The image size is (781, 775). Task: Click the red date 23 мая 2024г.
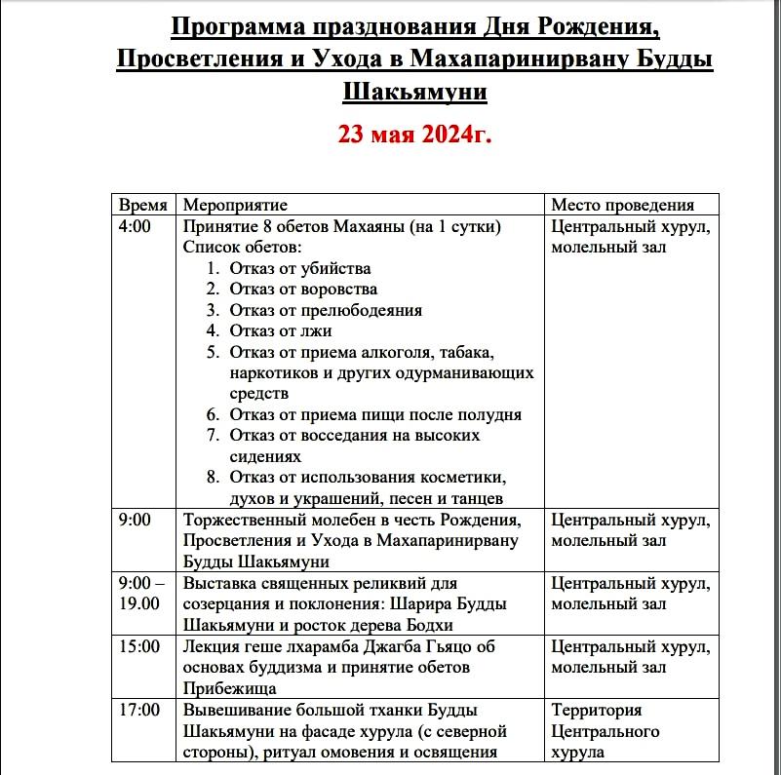pyautogui.click(x=414, y=134)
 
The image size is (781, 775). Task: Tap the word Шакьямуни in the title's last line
pyautogui.click(x=414, y=93)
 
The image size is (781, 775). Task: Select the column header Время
pyautogui.click(x=142, y=206)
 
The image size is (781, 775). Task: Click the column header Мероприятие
pyautogui.click(x=235, y=206)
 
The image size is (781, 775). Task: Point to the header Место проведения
pyautogui.click(x=622, y=206)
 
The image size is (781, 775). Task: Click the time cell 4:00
pyautogui.click(x=135, y=227)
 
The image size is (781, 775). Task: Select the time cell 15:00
pyautogui.click(x=138, y=647)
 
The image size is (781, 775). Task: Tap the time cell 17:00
pyautogui.click(x=138, y=711)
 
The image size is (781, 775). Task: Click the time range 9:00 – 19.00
pyautogui.click(x=141, y=594)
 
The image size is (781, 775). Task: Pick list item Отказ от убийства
pyautogui.click(x=299, y=269)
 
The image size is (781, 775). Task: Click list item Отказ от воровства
pyautogui.click(x=303, y=290)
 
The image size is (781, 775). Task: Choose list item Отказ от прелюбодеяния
pyautogui.click(x=326, y=310)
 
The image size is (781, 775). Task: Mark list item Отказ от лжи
pyautogui.click(x=281, y=331)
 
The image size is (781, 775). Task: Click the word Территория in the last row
pyautogui.click(x=597, y=711)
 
